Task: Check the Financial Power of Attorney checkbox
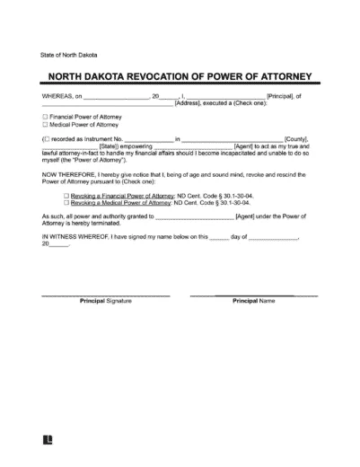(45, 117)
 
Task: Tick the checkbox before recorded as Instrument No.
(47, 139)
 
